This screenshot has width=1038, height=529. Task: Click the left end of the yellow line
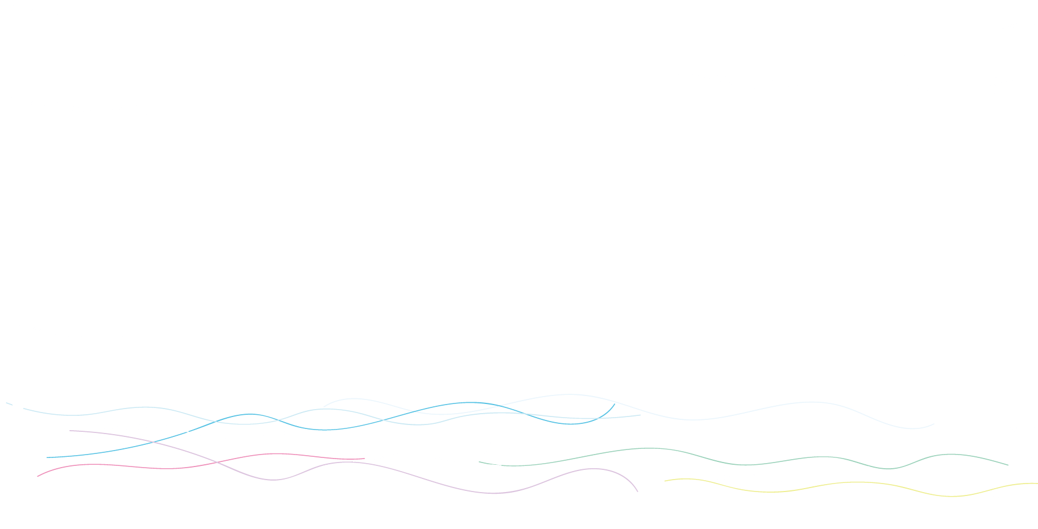(x=665, y=481)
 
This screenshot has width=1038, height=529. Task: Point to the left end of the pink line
(x=38, y=476)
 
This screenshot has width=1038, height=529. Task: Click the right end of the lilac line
(x=638, y=491)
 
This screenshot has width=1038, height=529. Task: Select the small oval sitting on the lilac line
(x=595, y=469)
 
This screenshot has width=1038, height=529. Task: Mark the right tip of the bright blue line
(x=615, y=404)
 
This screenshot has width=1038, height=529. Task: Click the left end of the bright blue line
(x=47, y=457)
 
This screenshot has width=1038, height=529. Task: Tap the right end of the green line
(x=1008, y=465)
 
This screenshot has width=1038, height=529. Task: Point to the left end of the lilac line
(x=70, y=431)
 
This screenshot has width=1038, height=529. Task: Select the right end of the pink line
(x=364, y=459)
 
